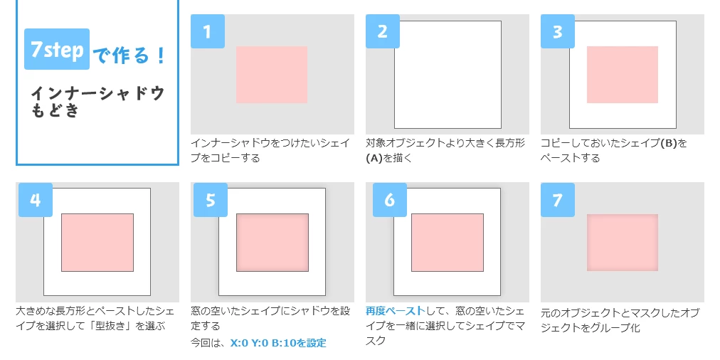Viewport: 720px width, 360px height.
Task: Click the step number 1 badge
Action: click(x=208, y=31)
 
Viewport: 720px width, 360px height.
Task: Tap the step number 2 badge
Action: click(x=383, y=31)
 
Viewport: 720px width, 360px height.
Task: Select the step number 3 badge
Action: click(x=558, y=31)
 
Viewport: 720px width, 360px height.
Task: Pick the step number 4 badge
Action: click(x=36, y=200)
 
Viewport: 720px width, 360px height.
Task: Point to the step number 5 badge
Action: click(x=211, y=200)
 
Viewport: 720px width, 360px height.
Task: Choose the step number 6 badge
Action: click(x=390, y=200)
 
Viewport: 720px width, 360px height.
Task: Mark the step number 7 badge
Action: click(x=558, y=200)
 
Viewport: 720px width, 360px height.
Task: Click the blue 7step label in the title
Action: click(x=57, y=49)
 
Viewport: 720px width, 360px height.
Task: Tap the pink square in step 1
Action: click(x=271, y=75)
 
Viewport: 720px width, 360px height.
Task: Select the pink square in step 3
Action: click(x=623, y=75)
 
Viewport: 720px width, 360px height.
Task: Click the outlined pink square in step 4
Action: click(x=97, y=243)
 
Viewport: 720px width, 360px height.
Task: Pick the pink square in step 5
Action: click(x=272, y=243)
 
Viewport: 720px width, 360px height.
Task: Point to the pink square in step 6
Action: click(x=448, y=243)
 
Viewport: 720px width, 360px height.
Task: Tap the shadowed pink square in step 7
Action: click(x=623, y=243)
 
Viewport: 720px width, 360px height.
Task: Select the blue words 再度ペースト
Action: click(x=396, y=312)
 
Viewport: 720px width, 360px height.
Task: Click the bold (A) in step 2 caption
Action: click(x=374, y=159)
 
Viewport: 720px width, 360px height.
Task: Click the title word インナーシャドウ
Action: click(x=97, y=93)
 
